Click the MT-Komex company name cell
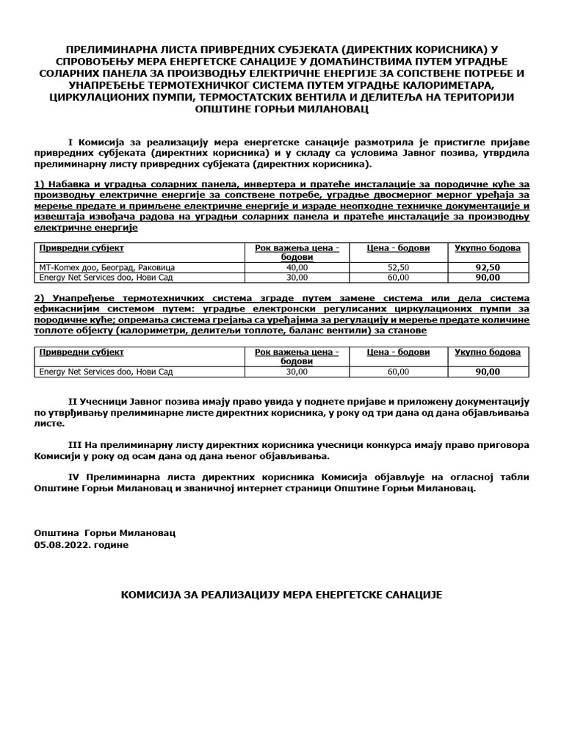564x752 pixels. tap(106, 268)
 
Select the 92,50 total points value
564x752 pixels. tap(488, 268)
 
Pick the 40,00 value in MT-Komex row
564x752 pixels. tap(297, 268)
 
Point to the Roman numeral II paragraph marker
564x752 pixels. tap(72, 403)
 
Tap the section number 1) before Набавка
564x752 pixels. tap(40, 183)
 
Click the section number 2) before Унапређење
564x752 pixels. tap(40, 297)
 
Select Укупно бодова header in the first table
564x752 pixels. tap(488, 248)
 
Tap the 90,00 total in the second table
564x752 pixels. tap(488, 372)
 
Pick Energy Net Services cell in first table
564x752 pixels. tap(106, 278)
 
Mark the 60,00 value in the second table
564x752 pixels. tap(397, 372)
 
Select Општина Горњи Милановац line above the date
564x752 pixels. tap(105, 532)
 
